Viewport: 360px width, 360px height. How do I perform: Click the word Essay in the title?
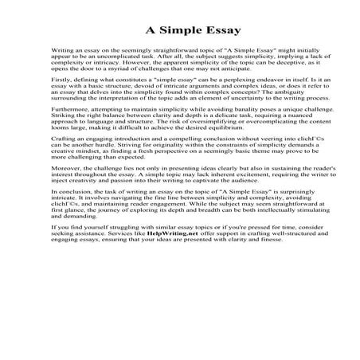[x=201, y=33]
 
